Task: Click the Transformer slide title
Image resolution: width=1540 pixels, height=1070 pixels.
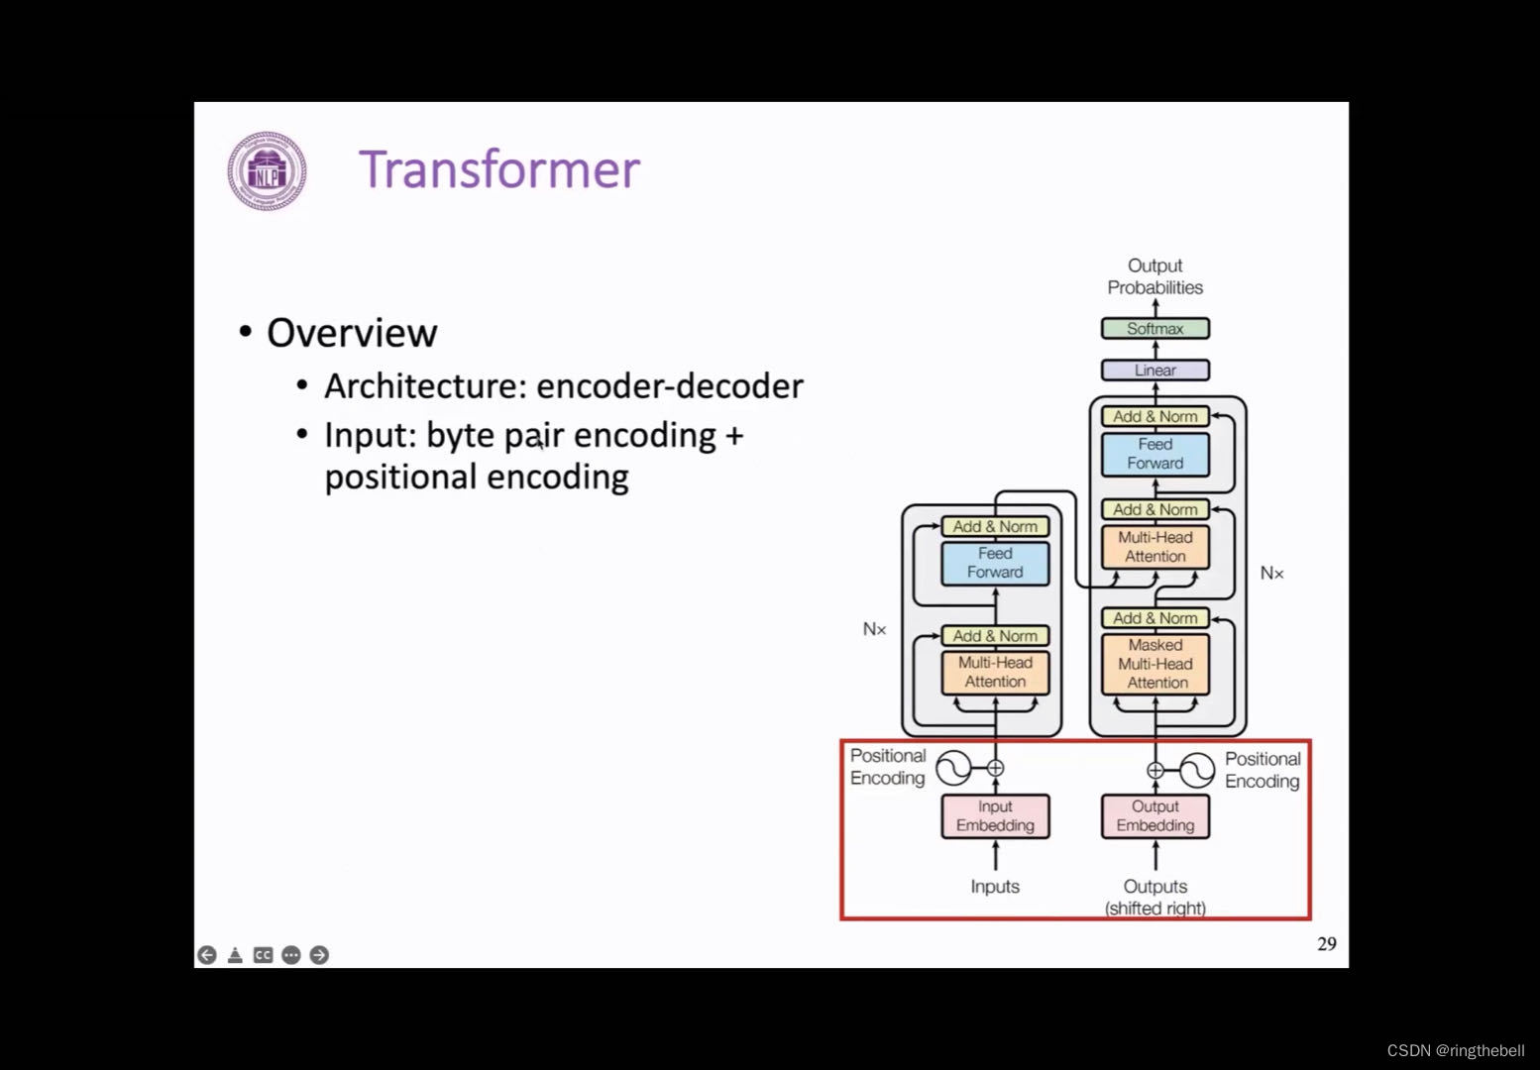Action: pos(498,169)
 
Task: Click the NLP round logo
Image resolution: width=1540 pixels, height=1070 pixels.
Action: pos(267,171)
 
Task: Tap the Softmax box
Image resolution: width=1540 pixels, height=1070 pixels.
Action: pos(1155,328)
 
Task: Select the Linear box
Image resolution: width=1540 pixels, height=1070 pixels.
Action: pos(1155,370)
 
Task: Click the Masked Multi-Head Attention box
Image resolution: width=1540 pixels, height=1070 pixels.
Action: pos(1155,664)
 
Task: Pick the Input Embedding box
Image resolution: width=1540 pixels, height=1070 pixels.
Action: pos(995,816)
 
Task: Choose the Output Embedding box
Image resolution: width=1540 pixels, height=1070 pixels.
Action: pos(1155,816)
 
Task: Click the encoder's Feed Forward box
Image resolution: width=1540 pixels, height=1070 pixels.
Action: pos(995,563)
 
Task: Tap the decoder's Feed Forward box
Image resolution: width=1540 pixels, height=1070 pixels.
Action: pos(1155,454)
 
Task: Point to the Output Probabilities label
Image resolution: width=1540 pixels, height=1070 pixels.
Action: pos(1155,276)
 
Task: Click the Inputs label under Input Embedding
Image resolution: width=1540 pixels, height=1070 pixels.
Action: pos(995,887)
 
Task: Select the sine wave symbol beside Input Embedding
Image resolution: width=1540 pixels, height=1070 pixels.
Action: pos(953,768)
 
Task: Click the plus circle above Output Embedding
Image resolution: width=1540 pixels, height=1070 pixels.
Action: pos(1155,770)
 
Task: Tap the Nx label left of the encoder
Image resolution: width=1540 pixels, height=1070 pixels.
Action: pos(874,629)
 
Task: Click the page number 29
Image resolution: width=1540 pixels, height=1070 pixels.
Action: pos(1326,944)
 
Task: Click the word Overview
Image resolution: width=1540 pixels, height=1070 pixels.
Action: pos(352,333)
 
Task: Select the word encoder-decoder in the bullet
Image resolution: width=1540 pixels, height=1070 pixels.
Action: pos(669,386)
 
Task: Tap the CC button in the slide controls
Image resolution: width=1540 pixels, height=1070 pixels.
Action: pos(263,955)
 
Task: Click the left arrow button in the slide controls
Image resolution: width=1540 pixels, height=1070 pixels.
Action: pos(207,955)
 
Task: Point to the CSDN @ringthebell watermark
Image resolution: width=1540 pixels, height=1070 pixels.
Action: pos(1455,1051)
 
